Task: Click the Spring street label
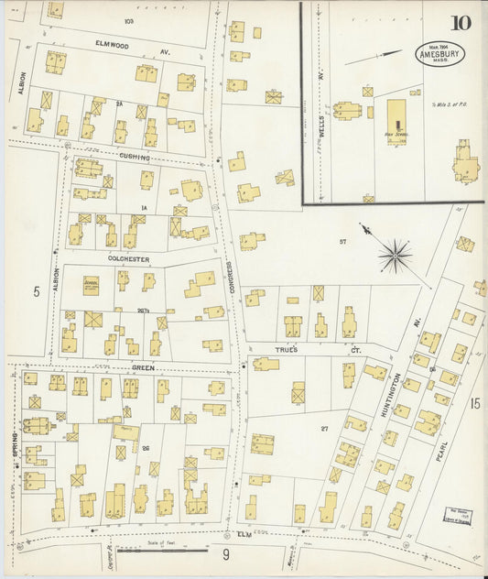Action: coord(16,445)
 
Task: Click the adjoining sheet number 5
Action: coord(38,292)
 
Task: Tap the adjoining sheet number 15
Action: coord(474,402)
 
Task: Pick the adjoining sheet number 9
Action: coord(224,553)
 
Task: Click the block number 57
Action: coord(342,241)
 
